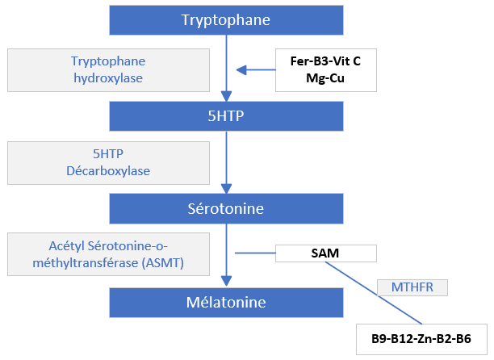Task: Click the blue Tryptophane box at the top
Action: click(225, 19)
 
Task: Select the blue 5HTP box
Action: click(225, 115)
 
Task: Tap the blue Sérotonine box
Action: click(225, 209)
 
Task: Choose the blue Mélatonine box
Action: click(225, 303)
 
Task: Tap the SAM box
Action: click(326, 253)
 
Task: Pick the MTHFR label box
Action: click(412, 287)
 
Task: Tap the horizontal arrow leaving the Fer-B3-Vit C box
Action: click(257, 69)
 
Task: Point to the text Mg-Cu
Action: click(326, 77)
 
